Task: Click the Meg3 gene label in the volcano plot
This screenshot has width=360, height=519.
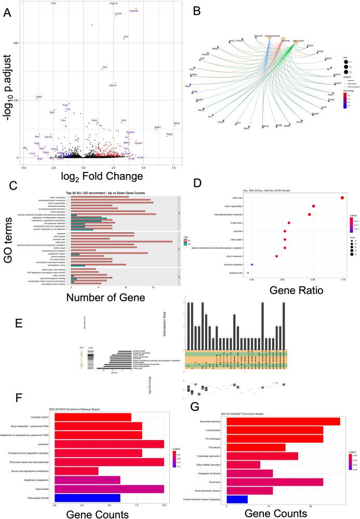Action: (39, 97)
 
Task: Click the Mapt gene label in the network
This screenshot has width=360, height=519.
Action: (194, 86)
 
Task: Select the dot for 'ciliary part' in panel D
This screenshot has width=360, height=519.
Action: (342, 183)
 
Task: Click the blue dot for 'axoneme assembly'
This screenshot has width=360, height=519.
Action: (252, 265)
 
